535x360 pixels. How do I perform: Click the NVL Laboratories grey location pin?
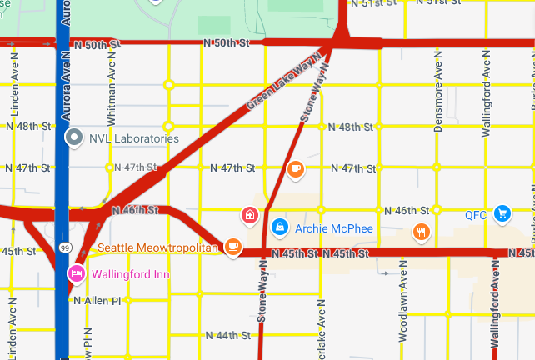coord(73,137)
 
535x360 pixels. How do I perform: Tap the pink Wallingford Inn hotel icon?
coord(76,273)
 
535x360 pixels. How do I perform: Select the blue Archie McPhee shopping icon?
coord(279,226)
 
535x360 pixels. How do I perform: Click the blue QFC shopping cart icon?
coord(501,214)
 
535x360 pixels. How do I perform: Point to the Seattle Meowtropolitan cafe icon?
coord(234,247)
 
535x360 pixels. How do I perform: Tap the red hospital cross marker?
coord(249,216)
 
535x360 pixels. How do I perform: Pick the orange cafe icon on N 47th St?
coord(294,169)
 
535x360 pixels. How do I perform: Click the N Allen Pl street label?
coord(97,300)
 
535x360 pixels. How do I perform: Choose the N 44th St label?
coord(227,335)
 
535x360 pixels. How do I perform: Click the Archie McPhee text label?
coord(333,227)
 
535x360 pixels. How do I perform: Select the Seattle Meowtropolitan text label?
coord(157,247)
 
